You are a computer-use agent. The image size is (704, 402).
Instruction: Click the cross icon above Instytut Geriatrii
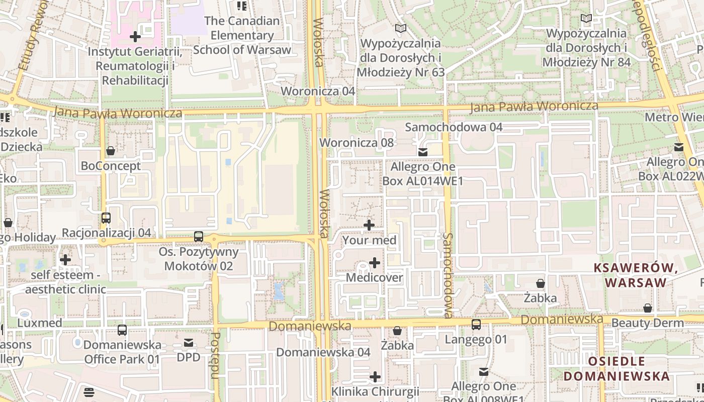pyautogui.click(x=135, y=37)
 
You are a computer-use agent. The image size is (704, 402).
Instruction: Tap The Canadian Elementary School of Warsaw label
pyautogui.click(x=242, y=35)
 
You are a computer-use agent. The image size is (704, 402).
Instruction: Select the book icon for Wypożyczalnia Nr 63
pyautogui.click(x=400, y=29)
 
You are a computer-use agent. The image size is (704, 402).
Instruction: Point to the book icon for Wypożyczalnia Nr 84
pyautogui.click(x=586, y=19)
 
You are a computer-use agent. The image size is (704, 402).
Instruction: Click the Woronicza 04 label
pyautogui.click(x=318, y=91)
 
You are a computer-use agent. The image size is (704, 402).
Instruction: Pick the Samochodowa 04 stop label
pyautogui.click(x=454, y=127)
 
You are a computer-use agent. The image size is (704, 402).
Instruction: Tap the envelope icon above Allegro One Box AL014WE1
pyautogui.click(x=423, y=152)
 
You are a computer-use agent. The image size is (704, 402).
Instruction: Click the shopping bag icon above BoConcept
pyautogui.click(x=111, y=151)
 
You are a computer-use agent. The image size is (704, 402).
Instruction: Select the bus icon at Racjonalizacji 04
pyautogui.click(x=106, y=218)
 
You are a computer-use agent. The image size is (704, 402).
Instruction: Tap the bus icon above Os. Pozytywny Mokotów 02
pyautogui.click(x=199, y=237)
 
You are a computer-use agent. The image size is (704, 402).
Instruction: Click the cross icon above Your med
pyautogui.click(x=369, y=225)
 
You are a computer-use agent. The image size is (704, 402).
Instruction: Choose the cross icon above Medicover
pyautogui.click(x=375, y=263)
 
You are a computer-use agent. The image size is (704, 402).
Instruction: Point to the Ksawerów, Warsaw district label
pyautogui.click(x=636, y=275)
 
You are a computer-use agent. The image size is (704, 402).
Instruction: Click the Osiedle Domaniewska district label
pyautogui.click(x=616, y=368)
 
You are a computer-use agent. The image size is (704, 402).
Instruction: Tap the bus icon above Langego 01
pyautogui.click(x=476, y=325)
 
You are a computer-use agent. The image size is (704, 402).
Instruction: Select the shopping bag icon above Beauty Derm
pyautogui.click(x=648, y=308)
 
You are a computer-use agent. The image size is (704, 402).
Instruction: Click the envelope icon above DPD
pyautogui.click(x=189, y=343)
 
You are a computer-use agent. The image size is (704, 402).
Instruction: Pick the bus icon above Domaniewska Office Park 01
pyautogui.click(x=122, y=330)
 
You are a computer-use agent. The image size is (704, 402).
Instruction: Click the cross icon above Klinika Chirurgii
pyautogui.click(x=375, y=377)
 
